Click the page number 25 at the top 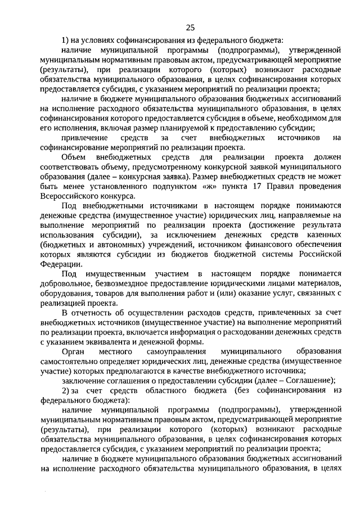coord(190,28)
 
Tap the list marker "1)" coord(65,40)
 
